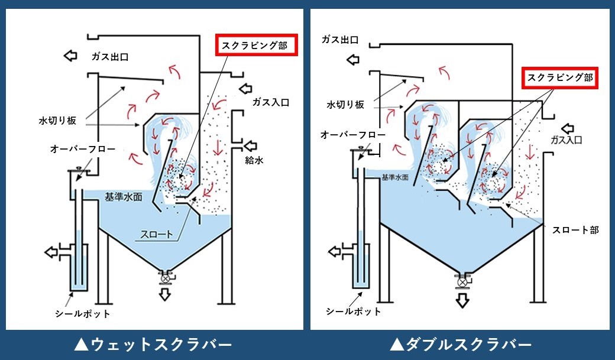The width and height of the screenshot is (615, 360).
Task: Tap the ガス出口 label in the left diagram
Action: click(110, 57)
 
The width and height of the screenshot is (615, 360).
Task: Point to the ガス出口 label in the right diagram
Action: click(340, 40)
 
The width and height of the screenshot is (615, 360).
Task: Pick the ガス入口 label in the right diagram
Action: click(567, 140)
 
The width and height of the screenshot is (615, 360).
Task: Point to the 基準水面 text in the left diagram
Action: click(123, 197)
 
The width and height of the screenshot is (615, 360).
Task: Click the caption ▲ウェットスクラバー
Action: click(154, 344)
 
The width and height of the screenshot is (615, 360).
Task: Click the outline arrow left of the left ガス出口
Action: click(70, 56)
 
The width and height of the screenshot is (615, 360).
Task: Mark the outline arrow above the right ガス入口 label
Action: click(569, 128)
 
